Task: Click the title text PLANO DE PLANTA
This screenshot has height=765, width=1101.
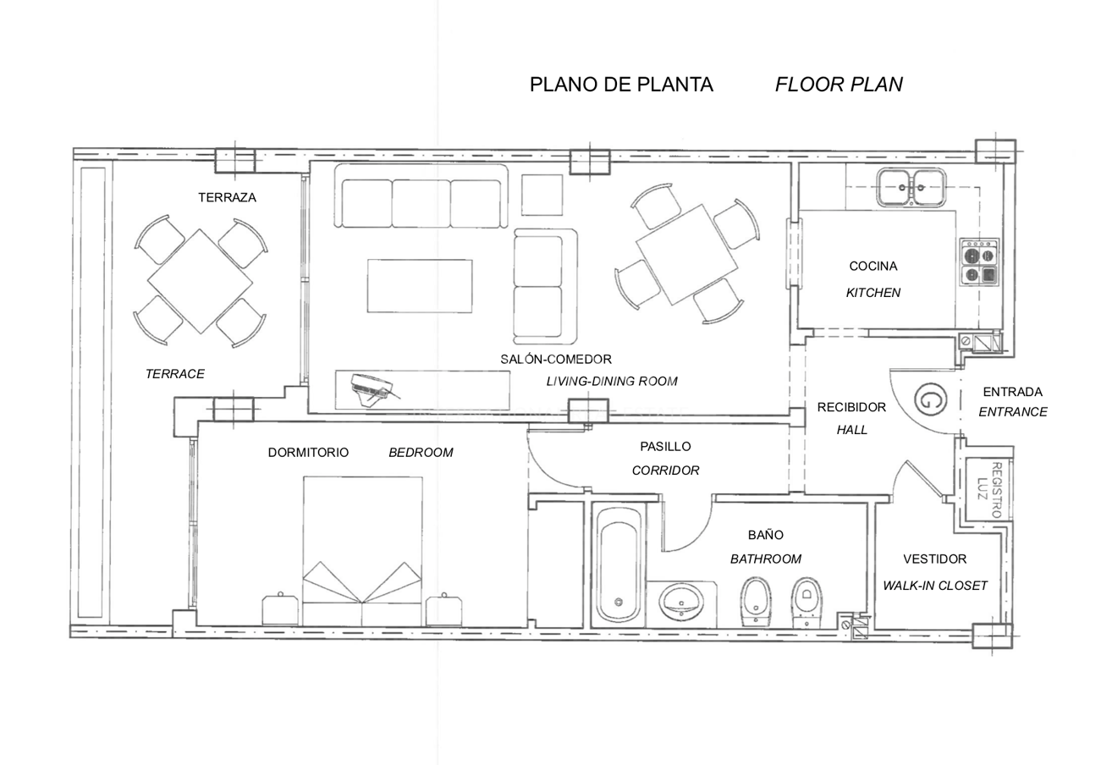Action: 621,85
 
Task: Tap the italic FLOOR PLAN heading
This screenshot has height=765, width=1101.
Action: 839,85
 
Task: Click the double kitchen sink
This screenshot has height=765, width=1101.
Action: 911,187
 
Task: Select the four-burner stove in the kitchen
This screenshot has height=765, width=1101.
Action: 980,262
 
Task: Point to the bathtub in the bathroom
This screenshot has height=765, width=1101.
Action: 619,565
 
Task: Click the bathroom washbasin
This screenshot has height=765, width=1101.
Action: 681,601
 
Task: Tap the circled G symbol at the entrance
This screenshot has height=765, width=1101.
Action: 930,399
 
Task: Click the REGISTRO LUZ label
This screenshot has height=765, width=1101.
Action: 989,490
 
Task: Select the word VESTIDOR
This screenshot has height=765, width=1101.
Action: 935,559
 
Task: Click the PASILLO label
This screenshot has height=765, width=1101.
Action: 665,447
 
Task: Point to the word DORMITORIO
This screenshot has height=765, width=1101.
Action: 308,452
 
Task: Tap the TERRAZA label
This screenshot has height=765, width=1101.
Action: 227,198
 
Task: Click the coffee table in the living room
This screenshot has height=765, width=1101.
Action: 420,286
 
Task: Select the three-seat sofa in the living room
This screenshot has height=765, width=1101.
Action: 421,196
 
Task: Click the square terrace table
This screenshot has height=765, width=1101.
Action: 200,282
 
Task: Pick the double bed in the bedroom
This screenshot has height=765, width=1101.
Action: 363,551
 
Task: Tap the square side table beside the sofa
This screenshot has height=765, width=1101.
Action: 542,195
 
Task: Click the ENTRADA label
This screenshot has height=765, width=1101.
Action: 1012,392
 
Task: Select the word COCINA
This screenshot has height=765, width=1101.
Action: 873,266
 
